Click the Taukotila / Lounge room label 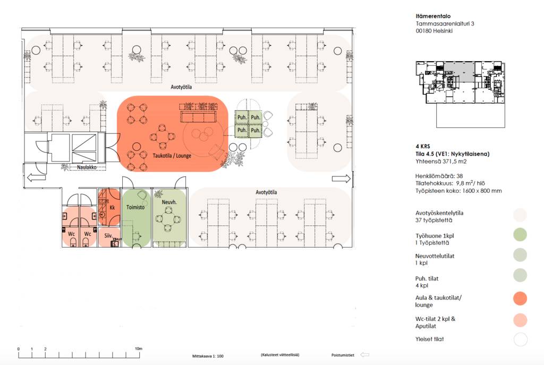(x=172, y=156)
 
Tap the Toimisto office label (x=135, y=207)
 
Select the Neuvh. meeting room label (x=169, y=202)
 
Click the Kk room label (x=112, y=208)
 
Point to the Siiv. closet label (x=108, y=235)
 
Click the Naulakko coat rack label (x=87, y=167)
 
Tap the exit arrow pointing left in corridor (x=36, y=178)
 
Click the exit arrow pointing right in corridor (x=342, y=179)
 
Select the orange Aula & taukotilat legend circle (x=520, y=299)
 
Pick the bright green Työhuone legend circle (x=520, y=234)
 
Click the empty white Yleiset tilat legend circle (x=521, y=339)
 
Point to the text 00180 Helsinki (x=434, y=30)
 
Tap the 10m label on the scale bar (x=139, y=349)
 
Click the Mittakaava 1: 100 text (x=208, y=356)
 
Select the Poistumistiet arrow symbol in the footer (x=364, y=354)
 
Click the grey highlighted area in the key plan (x=460, y=72)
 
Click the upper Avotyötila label (x=181, y=87)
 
